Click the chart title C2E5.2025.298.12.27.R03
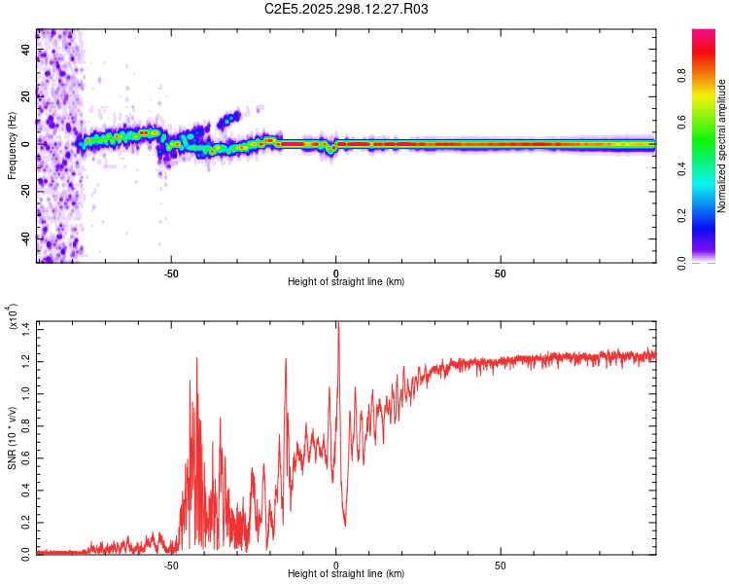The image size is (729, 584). (346, 9)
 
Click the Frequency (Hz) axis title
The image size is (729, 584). (12, 145)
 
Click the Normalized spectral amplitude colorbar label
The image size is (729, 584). (722, 146)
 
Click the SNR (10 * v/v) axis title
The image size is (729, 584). (12, 438)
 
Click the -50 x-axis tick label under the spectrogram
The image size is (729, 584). (171, 273)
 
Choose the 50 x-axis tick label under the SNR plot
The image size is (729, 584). (501, 565)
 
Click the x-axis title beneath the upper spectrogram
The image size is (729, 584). (346, 282)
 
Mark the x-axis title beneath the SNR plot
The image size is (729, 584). (346, 574)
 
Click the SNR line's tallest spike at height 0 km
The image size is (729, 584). (337, 325)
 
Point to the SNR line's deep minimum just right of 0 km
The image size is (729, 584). (345, 525)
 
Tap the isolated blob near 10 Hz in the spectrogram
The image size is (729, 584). (229, 119)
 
